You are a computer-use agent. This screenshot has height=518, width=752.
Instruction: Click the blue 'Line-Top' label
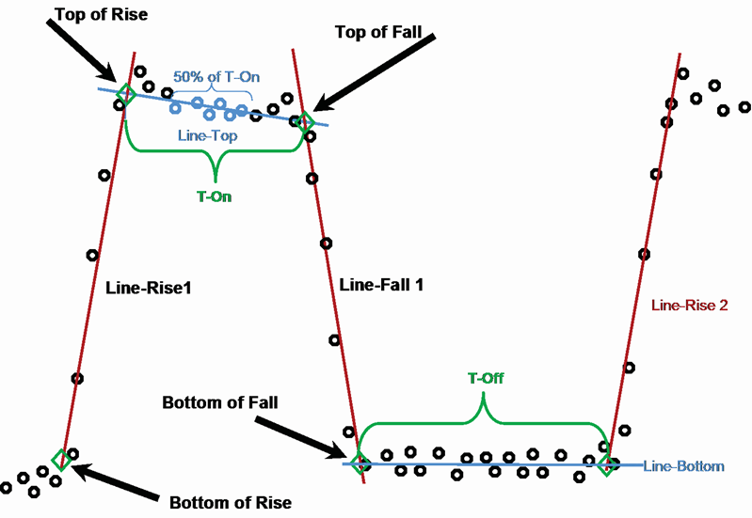pos(207,135)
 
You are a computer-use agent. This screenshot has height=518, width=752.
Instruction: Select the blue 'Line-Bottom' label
pos(683,466)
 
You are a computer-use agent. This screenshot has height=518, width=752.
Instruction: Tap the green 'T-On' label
pos(215,197)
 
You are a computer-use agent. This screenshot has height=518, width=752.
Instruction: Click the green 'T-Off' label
pos(486,379)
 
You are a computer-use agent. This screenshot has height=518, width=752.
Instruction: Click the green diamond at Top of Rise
pos(125,93)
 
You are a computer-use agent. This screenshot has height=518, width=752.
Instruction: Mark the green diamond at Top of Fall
pos(305,120)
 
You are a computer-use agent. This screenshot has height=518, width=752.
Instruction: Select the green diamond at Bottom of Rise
pos(62,460)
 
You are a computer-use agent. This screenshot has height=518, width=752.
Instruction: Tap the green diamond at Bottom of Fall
pos(359,463)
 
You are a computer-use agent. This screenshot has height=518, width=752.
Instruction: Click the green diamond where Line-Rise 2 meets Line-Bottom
pos(608,463)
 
